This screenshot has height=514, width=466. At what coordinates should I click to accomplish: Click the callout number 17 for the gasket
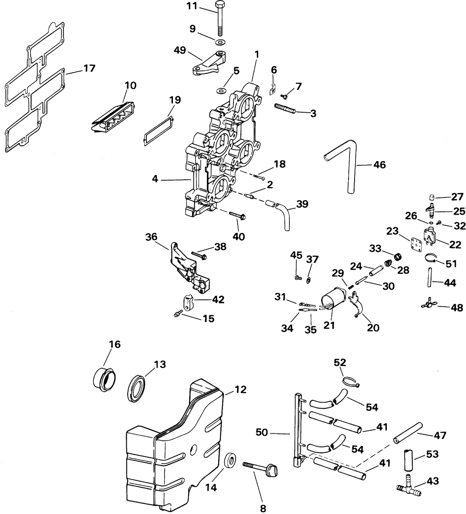click(89, 68)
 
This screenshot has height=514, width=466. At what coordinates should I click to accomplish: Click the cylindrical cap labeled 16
click(103, 378)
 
